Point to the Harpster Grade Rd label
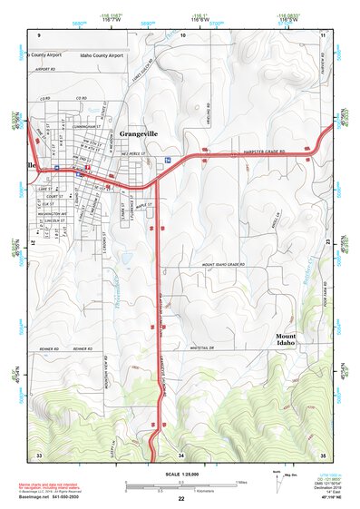coord(266,152)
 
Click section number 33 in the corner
coord(38,454)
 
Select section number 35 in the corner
coord(323,454)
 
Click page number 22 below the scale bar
coord(181,499)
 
